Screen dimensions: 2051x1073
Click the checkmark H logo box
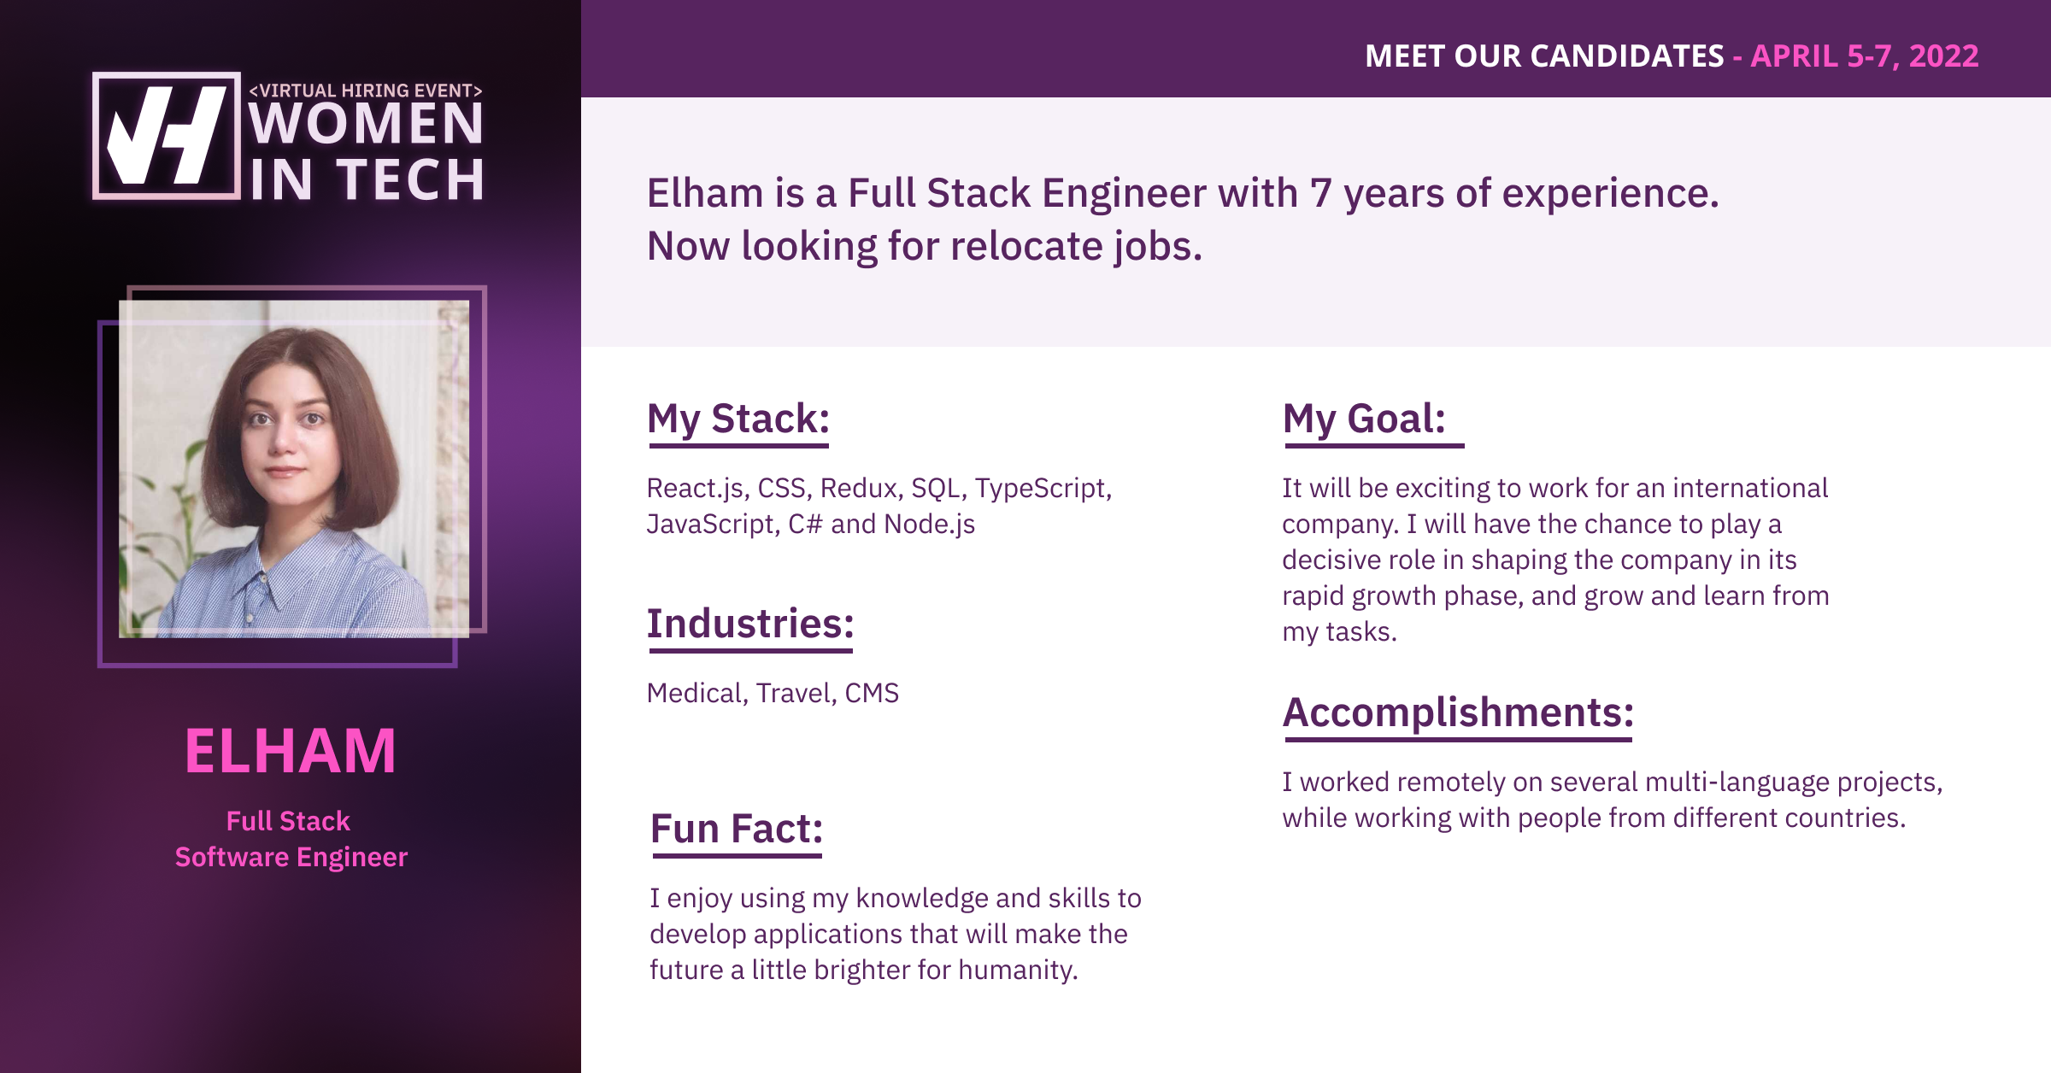point(166,136)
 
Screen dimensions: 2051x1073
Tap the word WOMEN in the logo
point(367,124)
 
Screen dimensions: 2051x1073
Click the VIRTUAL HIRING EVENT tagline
point(366,90)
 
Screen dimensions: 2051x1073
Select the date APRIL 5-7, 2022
point(1865,56)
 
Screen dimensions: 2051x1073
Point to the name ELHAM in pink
point(291,752)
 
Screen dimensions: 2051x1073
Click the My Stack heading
point(738,419)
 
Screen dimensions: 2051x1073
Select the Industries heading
point(750,624)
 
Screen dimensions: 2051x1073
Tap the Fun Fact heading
point(737,829)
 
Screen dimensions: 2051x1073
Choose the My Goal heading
point(1364,419)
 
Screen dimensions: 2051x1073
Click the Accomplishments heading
point(1458,712)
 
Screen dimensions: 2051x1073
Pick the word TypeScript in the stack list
point(1043,489)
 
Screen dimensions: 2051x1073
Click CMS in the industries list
point(872,693)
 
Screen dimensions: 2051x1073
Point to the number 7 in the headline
point(1321,193)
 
